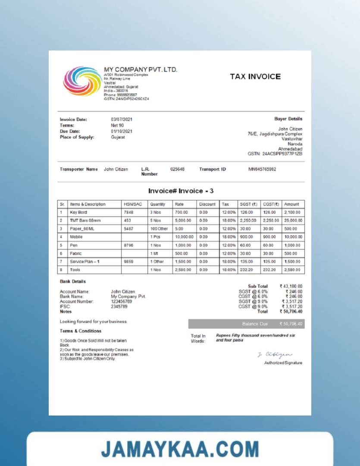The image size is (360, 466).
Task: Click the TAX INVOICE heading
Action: (255, 77)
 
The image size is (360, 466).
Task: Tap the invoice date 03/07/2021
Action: (122, 120)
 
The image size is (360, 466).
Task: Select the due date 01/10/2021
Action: (122, 132)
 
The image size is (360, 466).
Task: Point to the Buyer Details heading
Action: (288, 119)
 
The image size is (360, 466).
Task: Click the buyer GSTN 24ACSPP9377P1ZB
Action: (275, 154)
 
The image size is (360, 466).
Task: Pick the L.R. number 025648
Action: (177, 170)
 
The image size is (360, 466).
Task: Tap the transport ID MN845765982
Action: (262, 170)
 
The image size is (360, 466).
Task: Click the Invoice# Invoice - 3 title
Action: (181, 191)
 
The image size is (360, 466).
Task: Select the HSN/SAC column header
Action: (133, 204)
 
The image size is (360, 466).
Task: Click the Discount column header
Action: (207, 204)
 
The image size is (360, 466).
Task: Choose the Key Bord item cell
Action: (78, 212)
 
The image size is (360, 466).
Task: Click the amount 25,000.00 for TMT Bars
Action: (293, 220)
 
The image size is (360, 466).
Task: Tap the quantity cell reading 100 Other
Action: (159, 229)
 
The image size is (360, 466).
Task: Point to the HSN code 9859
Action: (128, 261)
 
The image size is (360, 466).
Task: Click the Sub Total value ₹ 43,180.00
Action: (291, 286)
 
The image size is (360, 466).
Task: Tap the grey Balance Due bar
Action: (246, 324)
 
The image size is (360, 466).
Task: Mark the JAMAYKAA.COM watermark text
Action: (180, 449)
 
